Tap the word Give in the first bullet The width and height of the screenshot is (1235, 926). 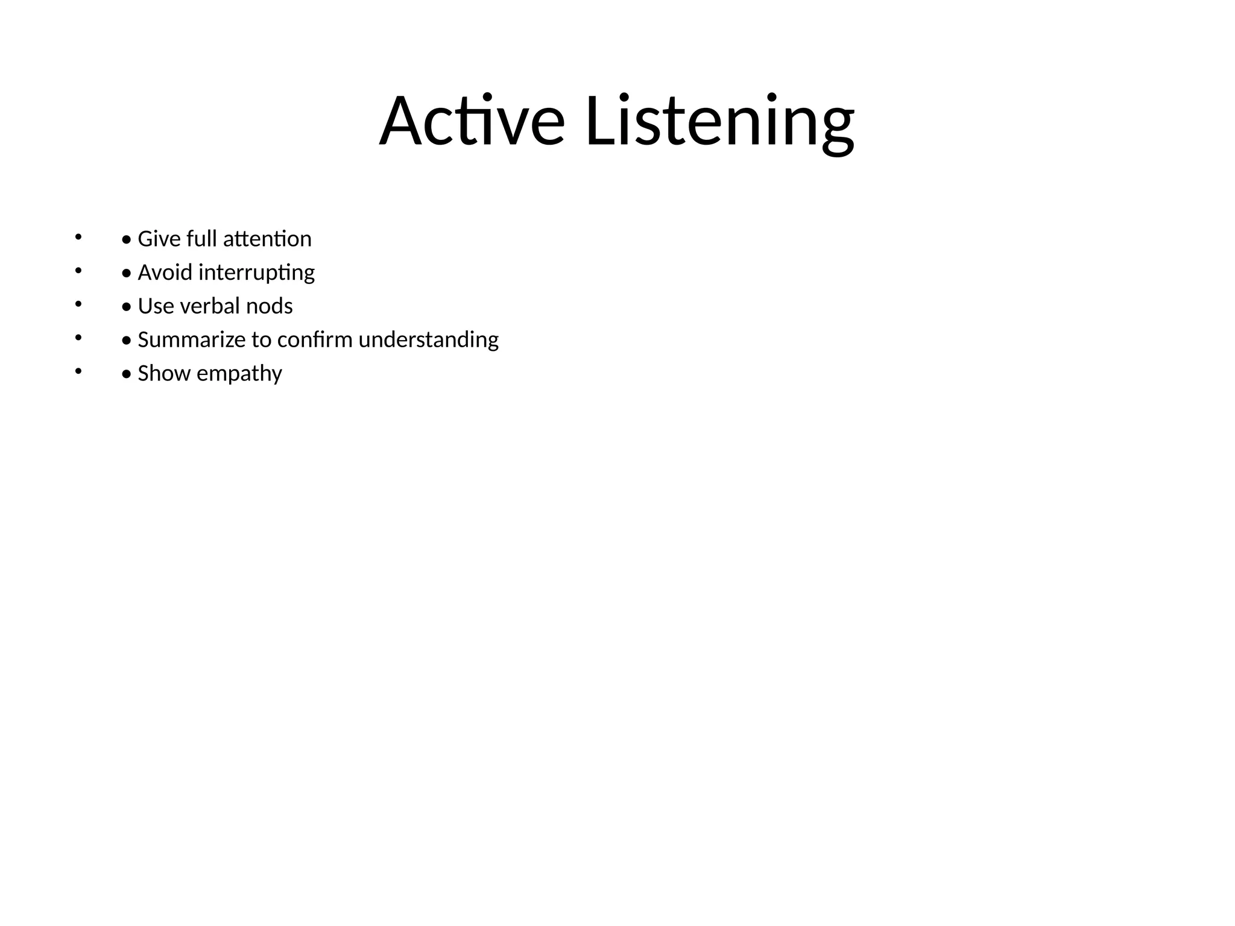coord(159,239)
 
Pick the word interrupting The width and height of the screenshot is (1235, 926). coord(256,273)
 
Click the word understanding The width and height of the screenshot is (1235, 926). coord(428,340)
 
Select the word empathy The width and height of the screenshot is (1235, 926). coord(239,374)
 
